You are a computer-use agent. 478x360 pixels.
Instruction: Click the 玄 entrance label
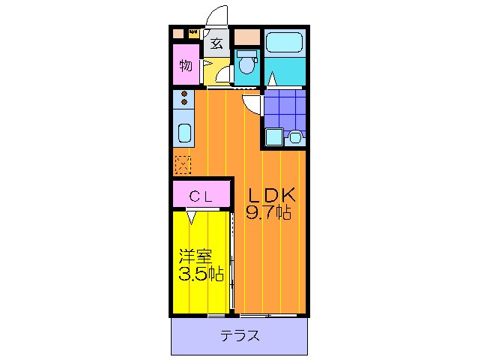coord(216,43)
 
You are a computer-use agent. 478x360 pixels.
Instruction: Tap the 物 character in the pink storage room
coord(185,65)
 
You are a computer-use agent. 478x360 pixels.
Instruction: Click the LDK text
coord(273,196)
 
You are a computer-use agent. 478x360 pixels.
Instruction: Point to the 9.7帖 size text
coord(270,213)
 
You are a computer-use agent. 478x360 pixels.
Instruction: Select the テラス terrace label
coord(240,335)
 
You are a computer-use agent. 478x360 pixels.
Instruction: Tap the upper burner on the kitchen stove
coord(184,94)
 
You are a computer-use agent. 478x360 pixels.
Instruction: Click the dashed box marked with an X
coord(183,163)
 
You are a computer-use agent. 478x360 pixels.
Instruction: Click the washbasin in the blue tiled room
coord(295,137)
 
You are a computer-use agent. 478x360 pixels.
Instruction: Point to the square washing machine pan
coord(273,137)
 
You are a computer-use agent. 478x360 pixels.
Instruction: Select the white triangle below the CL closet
coord(192,217)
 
